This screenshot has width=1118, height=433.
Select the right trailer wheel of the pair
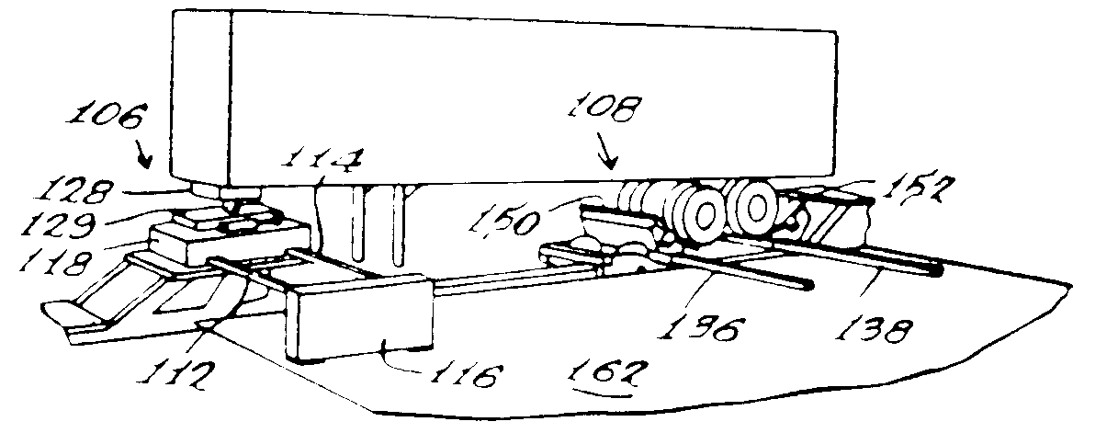[x=754, y=208]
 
